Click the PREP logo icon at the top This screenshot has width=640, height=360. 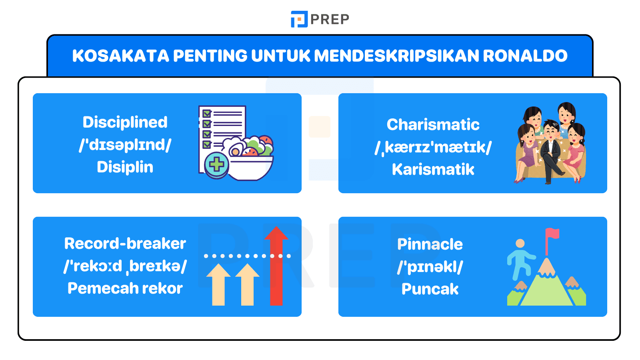[x=299, y=19]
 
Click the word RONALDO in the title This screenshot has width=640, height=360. [x=525, y=56]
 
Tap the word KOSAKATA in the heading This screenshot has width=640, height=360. [x=120, y=56]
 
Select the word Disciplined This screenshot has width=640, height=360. [x=125, y=122]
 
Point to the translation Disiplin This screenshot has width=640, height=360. [x=125, y=167]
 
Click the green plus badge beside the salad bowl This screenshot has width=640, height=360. [x=216, y=164]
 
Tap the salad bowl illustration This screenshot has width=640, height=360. [x=248, y=158]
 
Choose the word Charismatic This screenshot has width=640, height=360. [x=433, y=124]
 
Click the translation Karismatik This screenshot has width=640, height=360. [x=433, y=169]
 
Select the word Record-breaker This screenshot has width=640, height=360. [x=125, y=244]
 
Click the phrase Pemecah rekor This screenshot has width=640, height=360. [x=125, y=288]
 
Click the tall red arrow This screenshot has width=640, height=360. [x=276, y=266]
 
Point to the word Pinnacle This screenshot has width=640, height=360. [x=430, y=244]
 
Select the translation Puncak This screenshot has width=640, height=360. [x=430, y=289]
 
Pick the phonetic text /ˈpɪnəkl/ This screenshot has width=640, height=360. [x=430, y=267]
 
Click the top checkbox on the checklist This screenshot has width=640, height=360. [x=206, y=114]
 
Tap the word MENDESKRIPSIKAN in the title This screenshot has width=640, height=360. [x=396, y=56]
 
